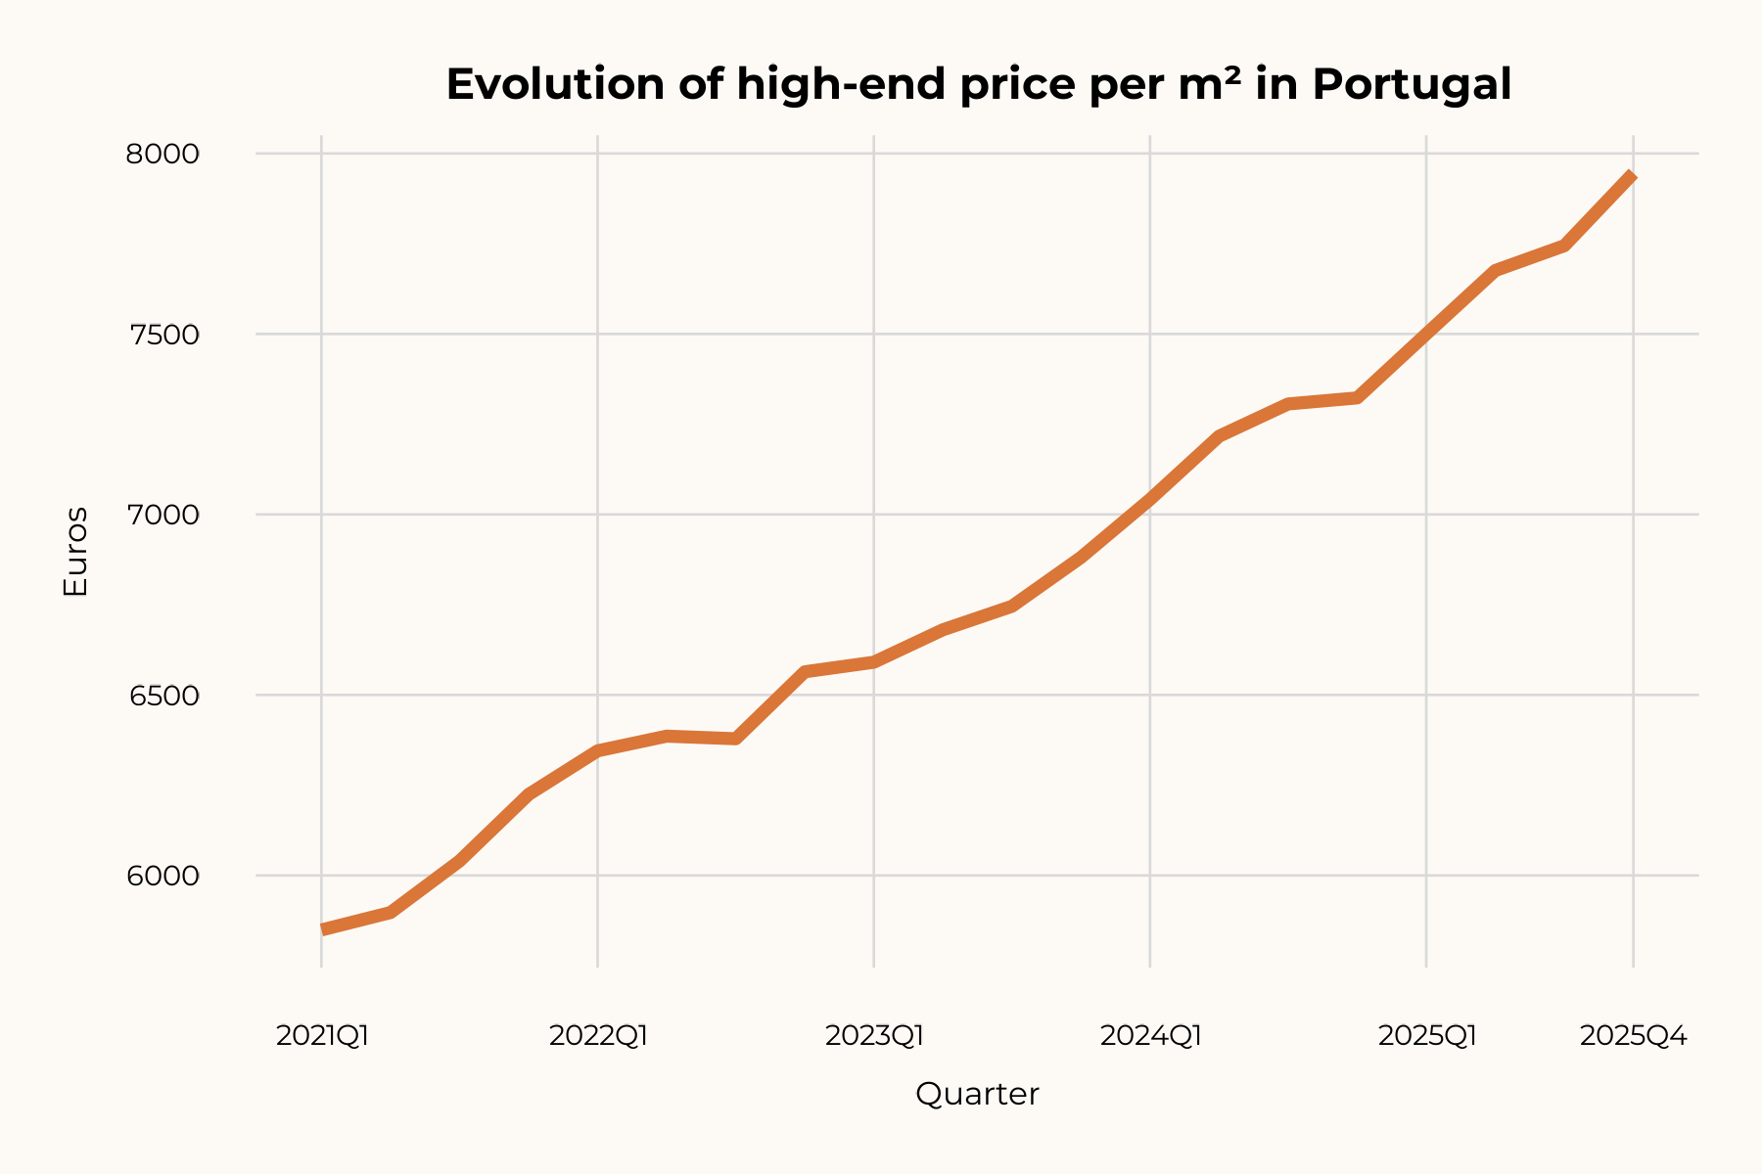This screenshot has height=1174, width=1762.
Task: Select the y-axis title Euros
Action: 75,552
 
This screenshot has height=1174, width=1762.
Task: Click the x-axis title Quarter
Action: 977,1094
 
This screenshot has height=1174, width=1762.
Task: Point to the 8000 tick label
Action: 162,155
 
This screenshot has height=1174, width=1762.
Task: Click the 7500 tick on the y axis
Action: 162,335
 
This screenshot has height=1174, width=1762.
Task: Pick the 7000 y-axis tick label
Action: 162,515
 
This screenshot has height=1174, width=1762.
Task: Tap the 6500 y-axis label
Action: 162,696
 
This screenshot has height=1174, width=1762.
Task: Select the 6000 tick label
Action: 162,876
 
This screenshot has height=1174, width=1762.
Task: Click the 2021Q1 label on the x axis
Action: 322,1036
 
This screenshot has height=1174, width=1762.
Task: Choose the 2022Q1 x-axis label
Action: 598,1036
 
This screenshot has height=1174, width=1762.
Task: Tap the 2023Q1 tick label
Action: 874,1036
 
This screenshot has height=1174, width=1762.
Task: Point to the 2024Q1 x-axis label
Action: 1150,1036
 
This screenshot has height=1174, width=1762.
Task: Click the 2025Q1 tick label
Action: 1426,1036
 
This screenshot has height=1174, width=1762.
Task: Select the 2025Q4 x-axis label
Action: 1633,1036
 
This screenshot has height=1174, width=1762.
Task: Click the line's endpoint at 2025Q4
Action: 1632,176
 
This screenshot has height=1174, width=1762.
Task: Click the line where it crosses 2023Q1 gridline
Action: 874,662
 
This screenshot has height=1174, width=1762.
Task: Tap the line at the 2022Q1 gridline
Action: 598,750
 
